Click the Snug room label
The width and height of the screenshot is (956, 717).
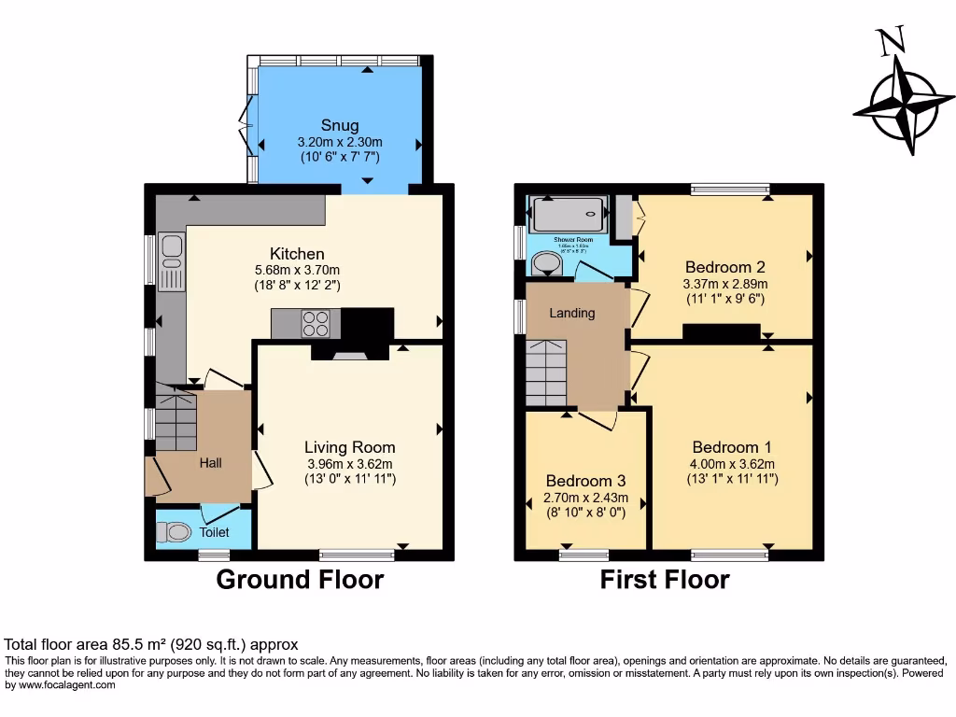click(x=340, y=125)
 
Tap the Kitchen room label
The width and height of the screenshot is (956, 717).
click(x=297, y=254)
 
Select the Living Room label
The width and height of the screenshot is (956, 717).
click(x=350, y=447)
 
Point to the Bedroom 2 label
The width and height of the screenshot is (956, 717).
click(x=725, y=264)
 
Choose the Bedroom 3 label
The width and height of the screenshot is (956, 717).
click(x=585, y=482)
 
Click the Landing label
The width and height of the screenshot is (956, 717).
click(x=571, y=313)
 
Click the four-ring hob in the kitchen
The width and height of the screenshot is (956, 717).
click(x=316, y=323)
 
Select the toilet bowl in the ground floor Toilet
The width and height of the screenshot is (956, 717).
click(x=175, y=532)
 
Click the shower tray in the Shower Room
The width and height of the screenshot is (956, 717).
click(x=568, y=218)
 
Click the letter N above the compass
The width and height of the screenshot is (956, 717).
click(x=891, y=41)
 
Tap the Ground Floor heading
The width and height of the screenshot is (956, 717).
click(x=300, y=580)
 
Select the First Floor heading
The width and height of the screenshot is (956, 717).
click(x=664, y=580)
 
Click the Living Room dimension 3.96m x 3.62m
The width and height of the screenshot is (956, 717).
click(x=350, y=464)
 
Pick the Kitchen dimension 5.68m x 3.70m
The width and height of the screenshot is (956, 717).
click(x=297, y=271)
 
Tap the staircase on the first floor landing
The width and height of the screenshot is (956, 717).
click(x=545, y=373)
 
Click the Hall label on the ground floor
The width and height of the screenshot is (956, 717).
click(x=211, y=463)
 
